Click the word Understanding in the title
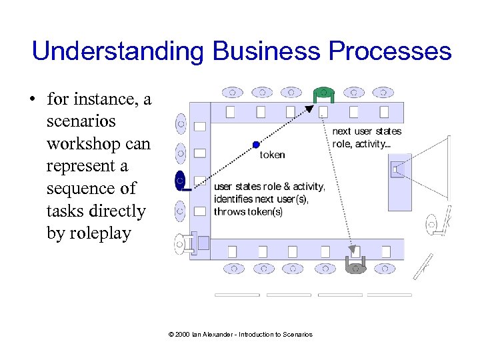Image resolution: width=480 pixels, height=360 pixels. [119, 51]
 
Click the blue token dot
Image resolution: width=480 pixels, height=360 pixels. [256, 144]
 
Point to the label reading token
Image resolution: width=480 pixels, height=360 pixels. [272, 155]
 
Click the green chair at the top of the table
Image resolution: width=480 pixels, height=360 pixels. [323, 93]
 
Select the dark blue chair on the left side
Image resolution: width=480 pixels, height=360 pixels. [180, 180]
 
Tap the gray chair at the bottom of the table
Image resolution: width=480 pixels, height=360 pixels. [355, 266]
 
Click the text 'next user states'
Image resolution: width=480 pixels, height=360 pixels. [367, 131]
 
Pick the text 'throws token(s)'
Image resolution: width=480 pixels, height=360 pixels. [247, 212]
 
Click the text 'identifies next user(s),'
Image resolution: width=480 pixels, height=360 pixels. [261, 199]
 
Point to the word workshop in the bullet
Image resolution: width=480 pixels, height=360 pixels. [98, 143]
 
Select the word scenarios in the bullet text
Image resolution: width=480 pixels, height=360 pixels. [81, 121]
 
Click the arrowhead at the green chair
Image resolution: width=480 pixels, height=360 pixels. [311, 108]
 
